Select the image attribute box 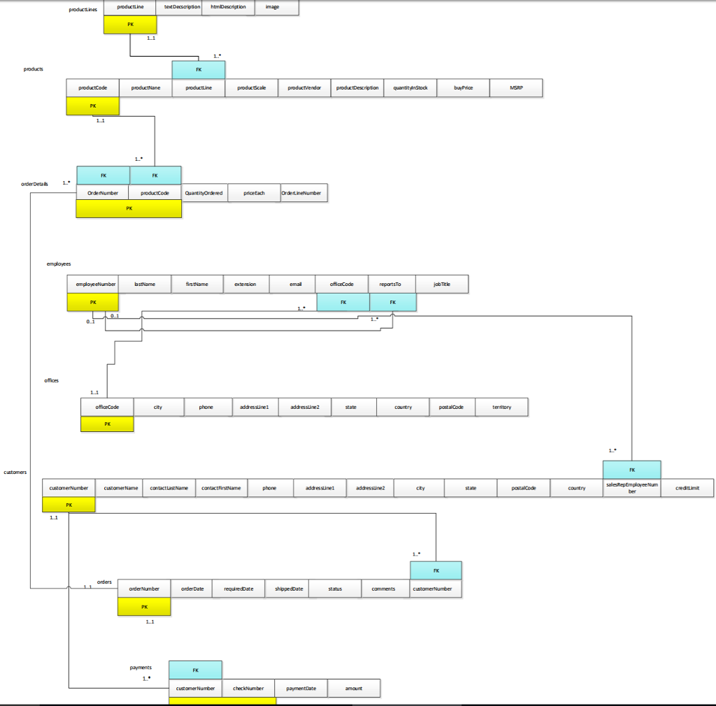point(272,7)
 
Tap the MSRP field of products point(516,88)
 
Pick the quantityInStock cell point(410,88)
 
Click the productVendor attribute point(304,88)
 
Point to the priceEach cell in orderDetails point(255,193)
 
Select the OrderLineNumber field point(303,193)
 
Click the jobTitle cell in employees point(442,284)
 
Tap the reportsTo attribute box point(390,284)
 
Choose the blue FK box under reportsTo point(392,302)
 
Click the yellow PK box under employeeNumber point(93,302)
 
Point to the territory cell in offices point(501,407)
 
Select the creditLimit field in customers point(687,488)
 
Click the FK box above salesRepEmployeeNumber point(631,470)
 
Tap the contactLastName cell point(169,488)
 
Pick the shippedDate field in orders point(289,589)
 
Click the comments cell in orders point(384,589)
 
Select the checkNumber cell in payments point(248,689)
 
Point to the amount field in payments point(354,689)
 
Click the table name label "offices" point(52,380)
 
